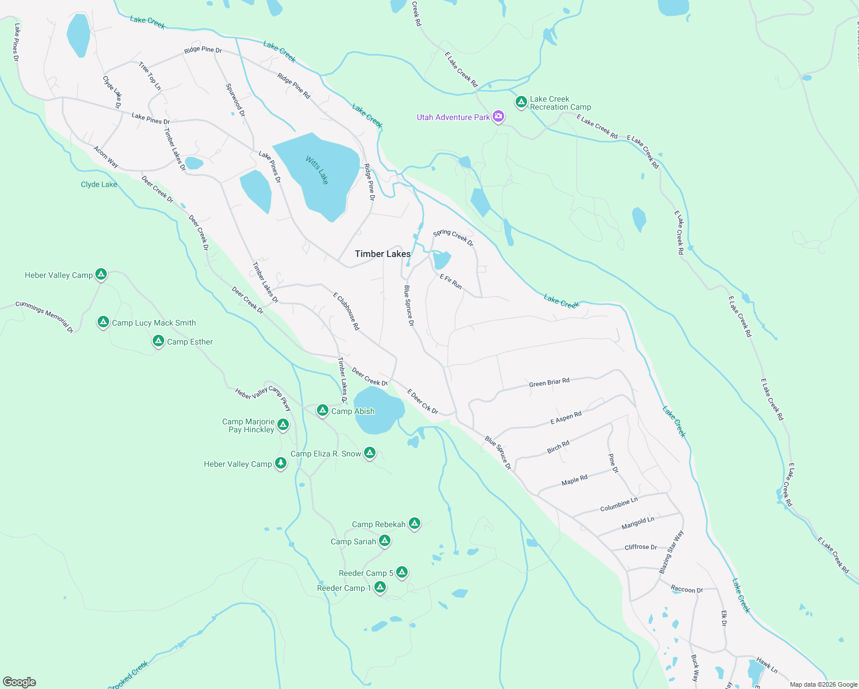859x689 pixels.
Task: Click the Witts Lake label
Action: (317, 170)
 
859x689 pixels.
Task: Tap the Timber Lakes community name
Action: (382, 254)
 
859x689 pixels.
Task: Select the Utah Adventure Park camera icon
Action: (498, 117)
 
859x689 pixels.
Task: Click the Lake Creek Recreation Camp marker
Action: (521, 102)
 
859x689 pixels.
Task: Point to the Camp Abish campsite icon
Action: (323, 411)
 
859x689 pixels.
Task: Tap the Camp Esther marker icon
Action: (158, 341)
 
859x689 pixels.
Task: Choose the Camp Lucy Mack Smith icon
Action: (103, 322)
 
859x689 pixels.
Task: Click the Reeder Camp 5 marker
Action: (402, 572)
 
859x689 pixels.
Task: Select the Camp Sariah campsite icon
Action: (385, 541)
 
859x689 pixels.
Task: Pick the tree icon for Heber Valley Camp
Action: (280, 463)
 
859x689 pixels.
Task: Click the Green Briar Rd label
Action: (549, 382)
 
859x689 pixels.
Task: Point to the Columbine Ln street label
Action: (618, 505)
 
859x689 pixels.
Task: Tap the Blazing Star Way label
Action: (671, 552)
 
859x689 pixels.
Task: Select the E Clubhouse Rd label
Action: (346, 311)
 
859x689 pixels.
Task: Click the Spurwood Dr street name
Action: (235, 100)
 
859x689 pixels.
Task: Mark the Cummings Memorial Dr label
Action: (44, 316)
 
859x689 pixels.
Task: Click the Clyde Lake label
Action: (99, 184)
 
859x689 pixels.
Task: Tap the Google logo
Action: (20, 682)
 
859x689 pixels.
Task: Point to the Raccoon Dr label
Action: (687, 589)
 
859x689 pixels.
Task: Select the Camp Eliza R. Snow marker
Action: (370, 453)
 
